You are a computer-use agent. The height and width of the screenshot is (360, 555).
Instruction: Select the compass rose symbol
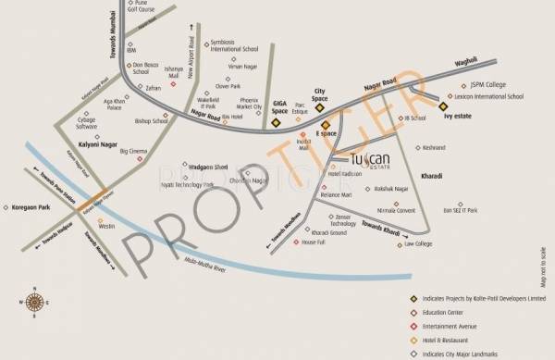[x=35, y=303]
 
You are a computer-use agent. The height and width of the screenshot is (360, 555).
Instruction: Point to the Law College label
[x=418, y=244]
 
